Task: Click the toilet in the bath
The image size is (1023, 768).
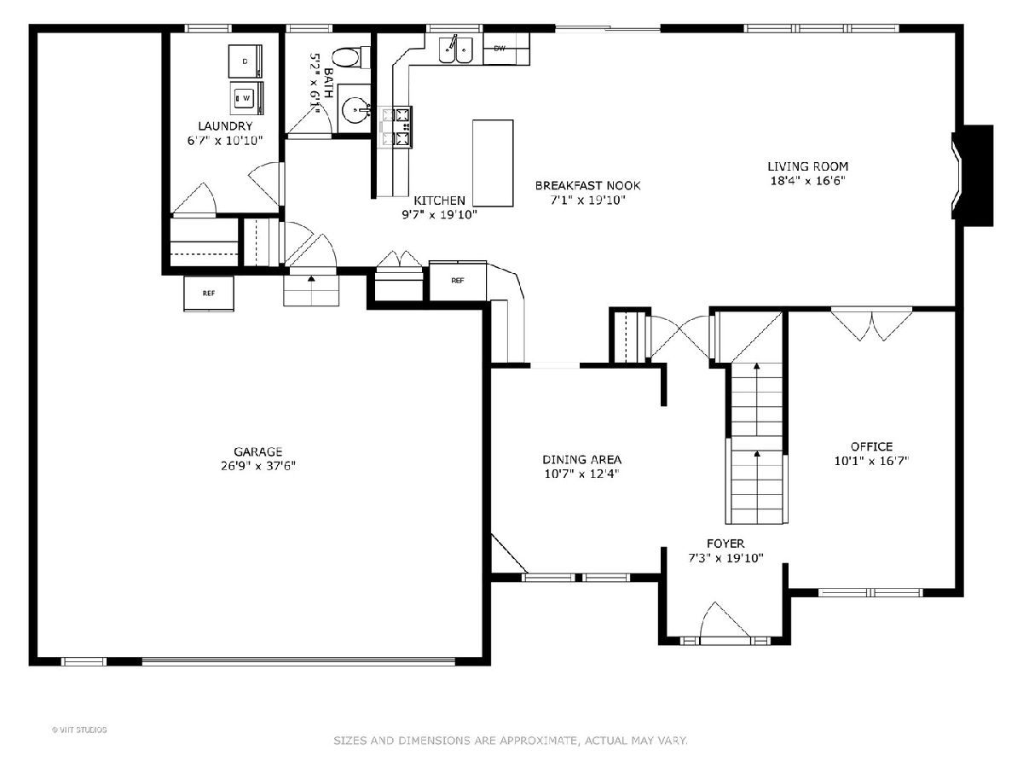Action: pos(351,58)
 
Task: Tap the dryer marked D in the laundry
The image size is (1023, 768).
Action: pos(246,61)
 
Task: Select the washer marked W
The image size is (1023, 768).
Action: pos(246,98)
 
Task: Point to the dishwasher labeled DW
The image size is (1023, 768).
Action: pos(506,49)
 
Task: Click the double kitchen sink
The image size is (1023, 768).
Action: pos(456,49)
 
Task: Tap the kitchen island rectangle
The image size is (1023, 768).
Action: pos(493,163)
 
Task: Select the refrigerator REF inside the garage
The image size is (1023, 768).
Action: pos(209,294)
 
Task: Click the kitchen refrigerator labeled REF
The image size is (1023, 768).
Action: pos(458,281)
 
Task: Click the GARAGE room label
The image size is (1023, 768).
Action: pos(257,451)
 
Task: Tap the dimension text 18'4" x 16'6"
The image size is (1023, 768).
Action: pos(807,181)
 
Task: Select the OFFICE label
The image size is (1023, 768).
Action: pos(871,446)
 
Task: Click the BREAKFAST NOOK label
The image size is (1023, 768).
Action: pos(587,185)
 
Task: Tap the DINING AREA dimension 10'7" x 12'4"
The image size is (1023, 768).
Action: pos(582,474)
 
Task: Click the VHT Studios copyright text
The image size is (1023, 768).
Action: pos(79,730)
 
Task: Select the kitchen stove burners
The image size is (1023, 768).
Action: pos(397,127)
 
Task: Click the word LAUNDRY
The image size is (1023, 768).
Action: pos(225,126)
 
